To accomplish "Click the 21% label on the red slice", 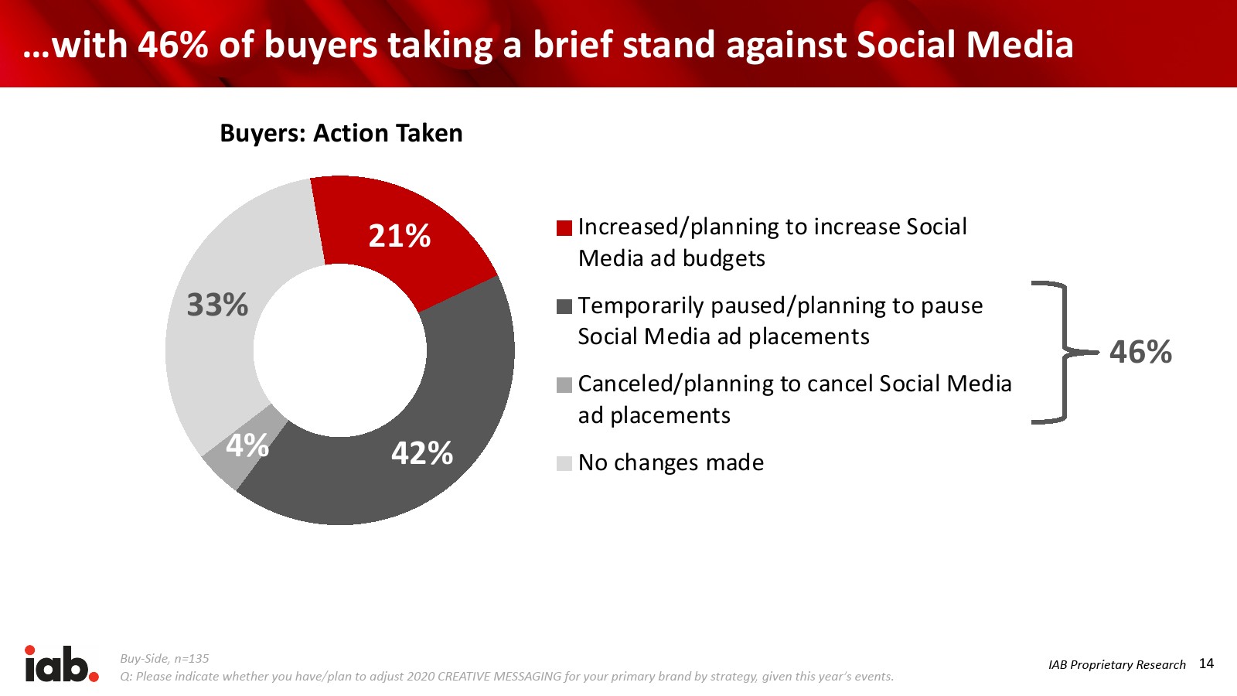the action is click(x=399, y=237).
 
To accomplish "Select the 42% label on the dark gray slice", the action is click(x=422, y=453).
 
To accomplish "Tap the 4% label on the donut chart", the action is click(x=247, y=445).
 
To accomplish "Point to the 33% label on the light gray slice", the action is click(x=217, y=305).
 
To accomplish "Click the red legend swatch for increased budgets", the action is click(x=564, y=228).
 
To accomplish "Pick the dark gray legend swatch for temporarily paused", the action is click(x=564, y=306).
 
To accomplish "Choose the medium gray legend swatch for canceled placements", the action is click(x=564, y=385).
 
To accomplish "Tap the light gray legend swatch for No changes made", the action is click(x=564, y=463).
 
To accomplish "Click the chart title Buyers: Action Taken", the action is click(x=341, y=134).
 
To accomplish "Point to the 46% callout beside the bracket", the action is click(x=1141, y=352).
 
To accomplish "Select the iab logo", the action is click(x=61, y=664).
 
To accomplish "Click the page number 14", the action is click(x=1207, y=664).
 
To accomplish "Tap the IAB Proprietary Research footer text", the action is click(x=1116, y=664).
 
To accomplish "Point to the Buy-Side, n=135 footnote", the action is click(x=165, y=658).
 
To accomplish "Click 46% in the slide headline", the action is click(x=173, y=45).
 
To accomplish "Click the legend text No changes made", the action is click(x=671, y=463).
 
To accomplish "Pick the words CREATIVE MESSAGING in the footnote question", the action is click(x=499, y=676).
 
